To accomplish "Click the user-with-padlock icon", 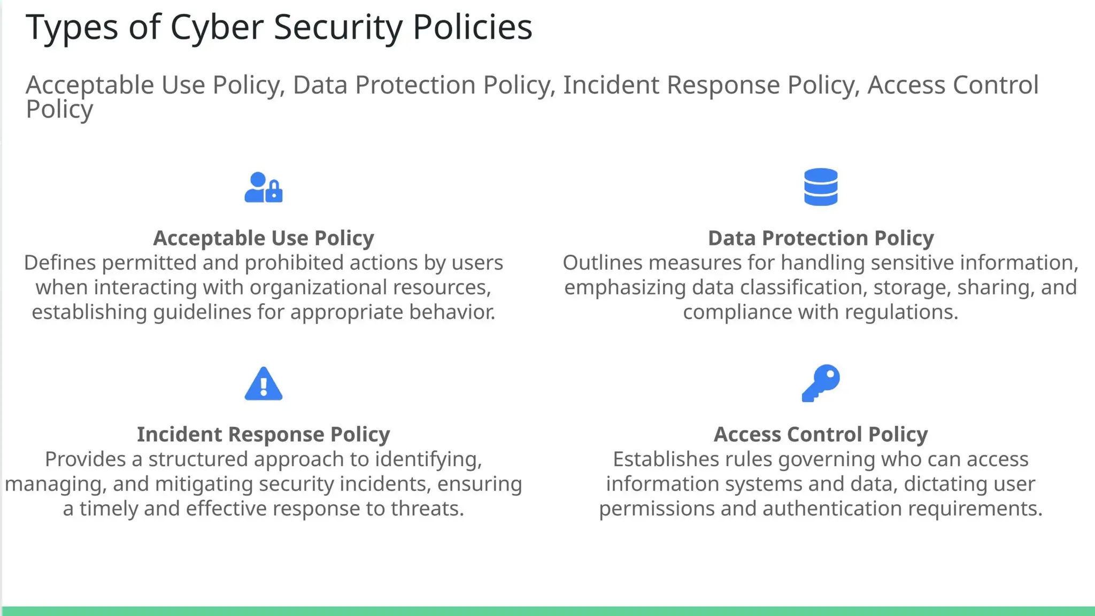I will pos(263,187).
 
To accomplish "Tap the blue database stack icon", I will pos(821,187).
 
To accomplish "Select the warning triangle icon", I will pos(263,384).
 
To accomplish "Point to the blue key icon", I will pos(821,383).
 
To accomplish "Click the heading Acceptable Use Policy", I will pos(263,238).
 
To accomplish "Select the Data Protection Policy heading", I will pos(821,238).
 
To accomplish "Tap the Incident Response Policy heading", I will pos(263,434).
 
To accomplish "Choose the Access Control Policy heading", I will pos(821,434).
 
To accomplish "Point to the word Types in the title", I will pos(72,28).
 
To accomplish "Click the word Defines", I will pos(59,263).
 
